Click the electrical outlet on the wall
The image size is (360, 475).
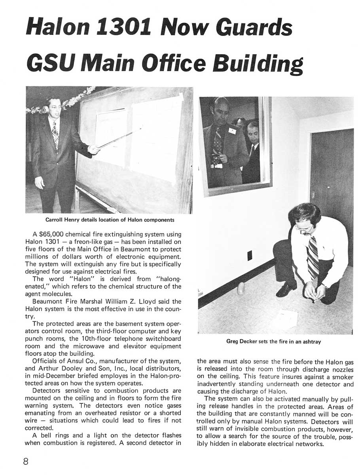[x=250, y=256]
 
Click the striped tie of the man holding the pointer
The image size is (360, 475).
[x=56, y=134]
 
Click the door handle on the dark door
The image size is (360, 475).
[x=313, y=195]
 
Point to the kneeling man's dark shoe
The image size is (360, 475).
[x=286, y=290]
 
